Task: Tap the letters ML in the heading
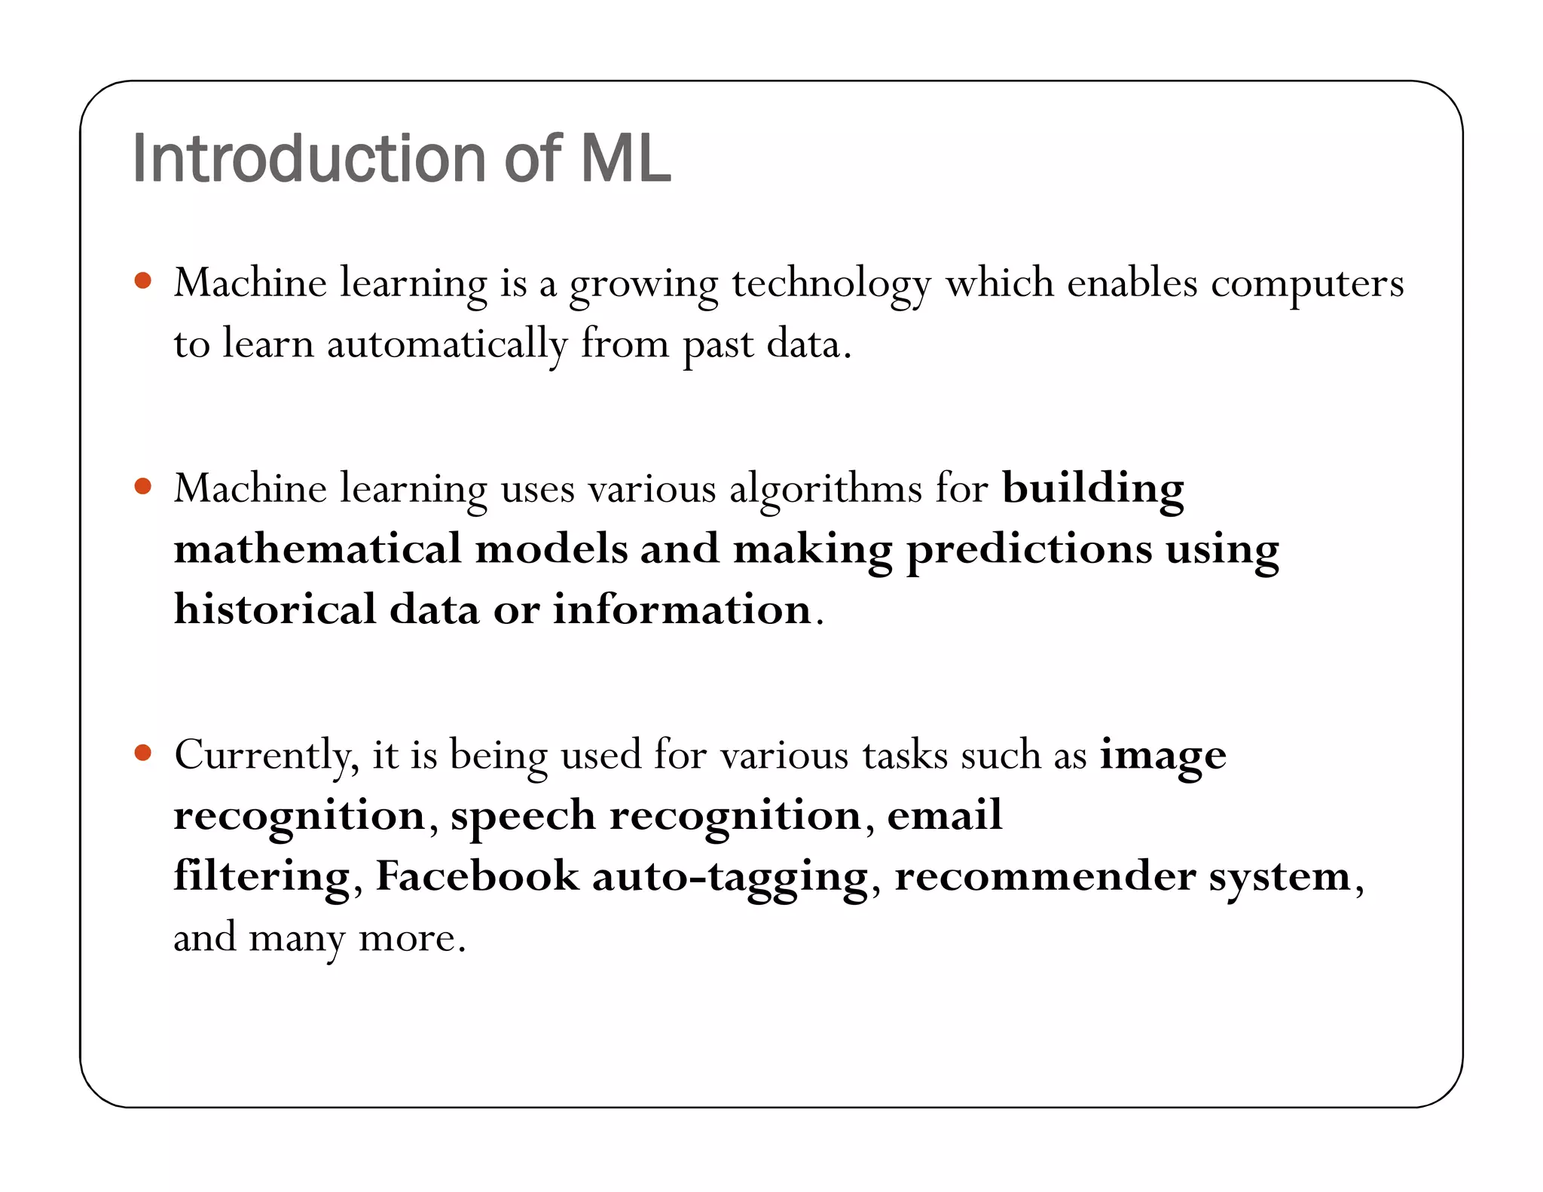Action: click(x=625, y=159)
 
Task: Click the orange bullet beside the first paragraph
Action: click(x=142, y=281)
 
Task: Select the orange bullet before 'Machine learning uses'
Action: click(x=142, y=486)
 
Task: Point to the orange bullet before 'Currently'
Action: click(x=142, y=752)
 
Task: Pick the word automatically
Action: click(x=447, y=346)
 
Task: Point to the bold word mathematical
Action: click(x=317, y=549)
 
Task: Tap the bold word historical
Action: click(x=275, y=610)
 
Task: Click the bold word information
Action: click(x=682, y=610)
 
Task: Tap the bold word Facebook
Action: click(x=477, y=877)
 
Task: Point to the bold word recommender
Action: click(x=1045, y=877)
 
